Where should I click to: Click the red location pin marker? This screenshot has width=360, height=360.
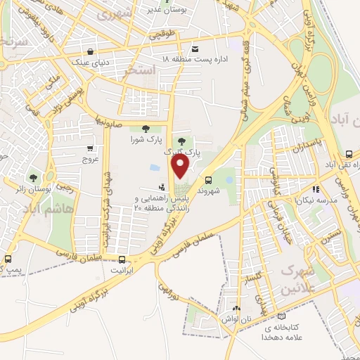point(181,167)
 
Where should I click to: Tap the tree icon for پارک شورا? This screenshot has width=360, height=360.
point(146,129)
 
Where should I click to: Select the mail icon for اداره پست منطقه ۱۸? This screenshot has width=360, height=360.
point(195,49)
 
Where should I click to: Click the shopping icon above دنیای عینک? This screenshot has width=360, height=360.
point(91,51)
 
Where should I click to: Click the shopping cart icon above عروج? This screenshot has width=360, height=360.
point(91,148)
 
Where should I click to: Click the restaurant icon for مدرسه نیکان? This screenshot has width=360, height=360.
point(317,188)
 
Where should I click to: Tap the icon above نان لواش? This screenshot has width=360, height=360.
point(236,308)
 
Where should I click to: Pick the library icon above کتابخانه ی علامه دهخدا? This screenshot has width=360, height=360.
point(282,316)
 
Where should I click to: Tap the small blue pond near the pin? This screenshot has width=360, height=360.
point(155,168)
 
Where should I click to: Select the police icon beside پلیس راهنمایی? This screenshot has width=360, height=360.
point(162,187)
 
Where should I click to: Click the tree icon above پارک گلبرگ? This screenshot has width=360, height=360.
point(182,141)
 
